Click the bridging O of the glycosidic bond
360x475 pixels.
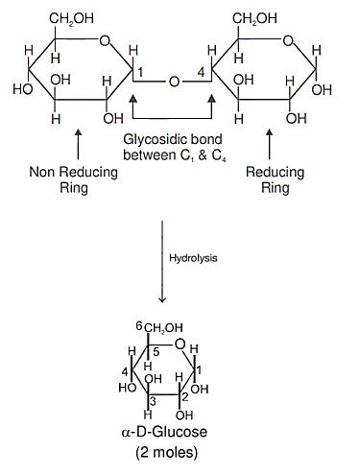174,82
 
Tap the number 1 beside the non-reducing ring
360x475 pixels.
140,73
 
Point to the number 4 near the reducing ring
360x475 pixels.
201,72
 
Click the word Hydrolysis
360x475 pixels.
193,258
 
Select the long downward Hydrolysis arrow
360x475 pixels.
162,261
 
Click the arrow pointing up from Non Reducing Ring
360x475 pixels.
79,144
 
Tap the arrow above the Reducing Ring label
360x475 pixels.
270,144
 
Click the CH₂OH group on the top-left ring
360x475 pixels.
71,18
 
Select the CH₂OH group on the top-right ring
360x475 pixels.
254,18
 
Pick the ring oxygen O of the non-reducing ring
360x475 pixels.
105,40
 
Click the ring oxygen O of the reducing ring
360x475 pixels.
288,40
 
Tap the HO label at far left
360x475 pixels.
23,89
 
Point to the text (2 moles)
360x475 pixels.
167,452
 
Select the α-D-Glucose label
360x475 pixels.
164,432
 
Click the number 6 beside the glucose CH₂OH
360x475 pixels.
139,326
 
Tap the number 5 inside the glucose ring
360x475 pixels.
156,352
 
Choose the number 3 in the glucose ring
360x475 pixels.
153,401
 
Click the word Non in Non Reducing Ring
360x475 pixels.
41,172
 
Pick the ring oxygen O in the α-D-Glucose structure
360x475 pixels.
180,344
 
